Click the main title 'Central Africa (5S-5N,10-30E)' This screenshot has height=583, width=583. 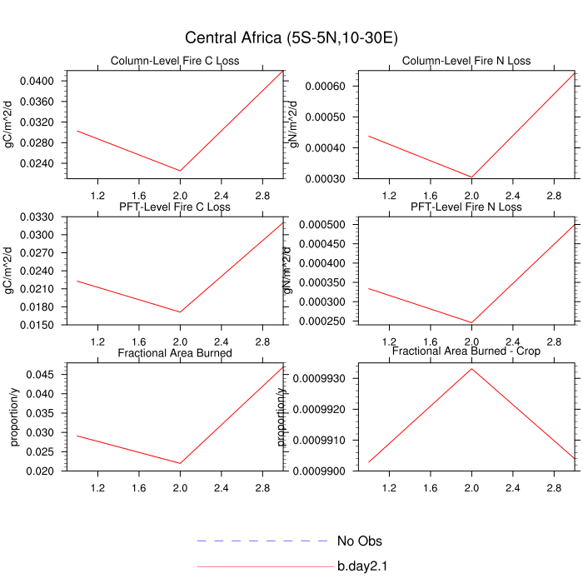pyautogui.click(x=291, y=38)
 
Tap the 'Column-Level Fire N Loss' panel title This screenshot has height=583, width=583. pyautogui.click(x=466, y=61)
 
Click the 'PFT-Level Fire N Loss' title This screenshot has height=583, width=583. pyautogui.click(x=466, y=207)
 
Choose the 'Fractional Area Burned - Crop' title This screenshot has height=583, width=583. pyautogui.click(x=466, y=352)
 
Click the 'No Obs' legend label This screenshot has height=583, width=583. pyautogui.click(x=360, y=541)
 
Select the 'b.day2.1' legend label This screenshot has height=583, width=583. pyautogui.click(x=363, y=567)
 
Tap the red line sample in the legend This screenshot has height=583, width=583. pyautogui.click(x=263, y=567)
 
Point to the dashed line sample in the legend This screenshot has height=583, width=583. pyautogui.click(x=263, y=541)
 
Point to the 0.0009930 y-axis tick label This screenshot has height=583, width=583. pyautogui.click(x=322, y=379)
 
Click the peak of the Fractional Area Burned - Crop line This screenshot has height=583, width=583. pyautogui.click(x=471, y=368)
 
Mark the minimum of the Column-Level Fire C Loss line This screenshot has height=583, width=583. pyautogui.click(x=180, y=171)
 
